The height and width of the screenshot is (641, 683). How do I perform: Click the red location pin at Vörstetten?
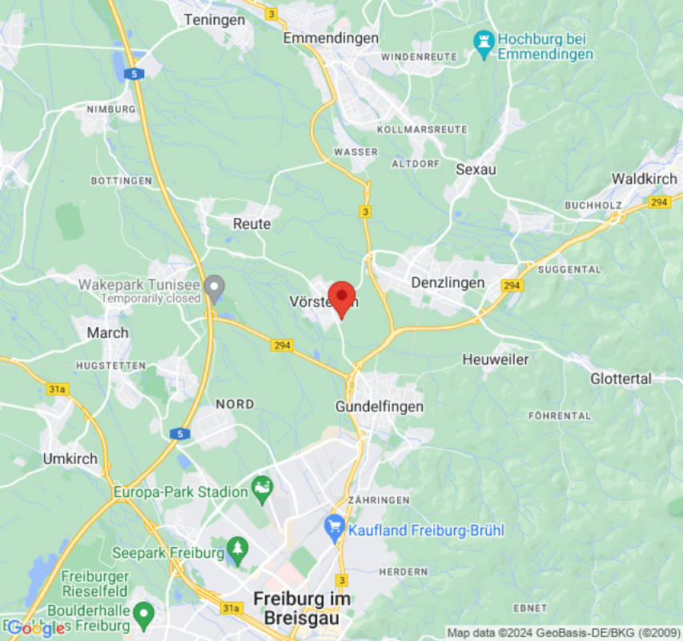click(x=342, y=298)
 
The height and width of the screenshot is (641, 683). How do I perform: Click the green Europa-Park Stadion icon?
click(x=262, y=488)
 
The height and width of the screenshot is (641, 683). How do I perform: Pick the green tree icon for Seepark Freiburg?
click(x=237, y=550)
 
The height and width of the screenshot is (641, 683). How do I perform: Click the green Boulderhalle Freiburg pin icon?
click(x=143, y=615)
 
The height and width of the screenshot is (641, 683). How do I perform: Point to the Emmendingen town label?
click(x=331, y=38)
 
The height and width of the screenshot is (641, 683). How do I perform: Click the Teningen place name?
click(x=215, y=20)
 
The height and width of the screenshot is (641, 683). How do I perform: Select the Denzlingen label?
click(x=448, y=283)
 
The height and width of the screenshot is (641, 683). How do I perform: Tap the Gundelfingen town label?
click(x=379, y=407)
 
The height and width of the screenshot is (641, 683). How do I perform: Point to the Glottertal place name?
click(x=621, y=378)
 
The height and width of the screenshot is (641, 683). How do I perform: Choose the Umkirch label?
click(x=70, y=459)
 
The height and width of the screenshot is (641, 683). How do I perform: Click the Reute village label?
click(x=251, y=224)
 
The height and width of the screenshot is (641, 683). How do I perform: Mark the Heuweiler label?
click(x=496, y=360)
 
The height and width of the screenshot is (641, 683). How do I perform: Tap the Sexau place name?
click(x=476, y=169)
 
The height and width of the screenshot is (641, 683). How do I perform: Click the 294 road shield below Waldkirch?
click(x=660, y=202)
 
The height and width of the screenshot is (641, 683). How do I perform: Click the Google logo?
click(x=35, y=628)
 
